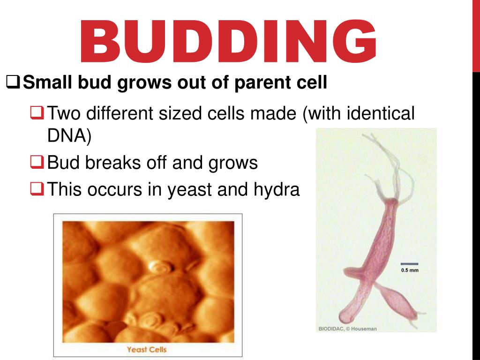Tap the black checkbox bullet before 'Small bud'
[14, 83]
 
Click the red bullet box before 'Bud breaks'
[37, 163]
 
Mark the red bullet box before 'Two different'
[37, 112]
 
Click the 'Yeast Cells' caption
[147, 349]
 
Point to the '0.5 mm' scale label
[409, 270]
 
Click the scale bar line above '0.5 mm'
[409, 264]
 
